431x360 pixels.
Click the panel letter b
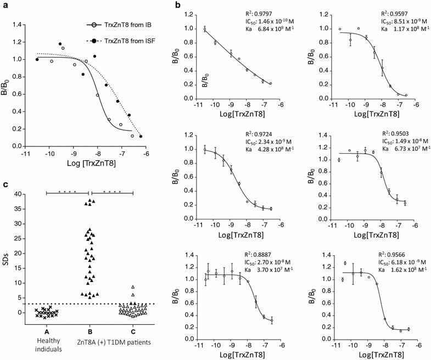pyautogui.click(x=193, y=5)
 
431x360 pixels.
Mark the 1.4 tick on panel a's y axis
pyautogui.click(x=21, y=25)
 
